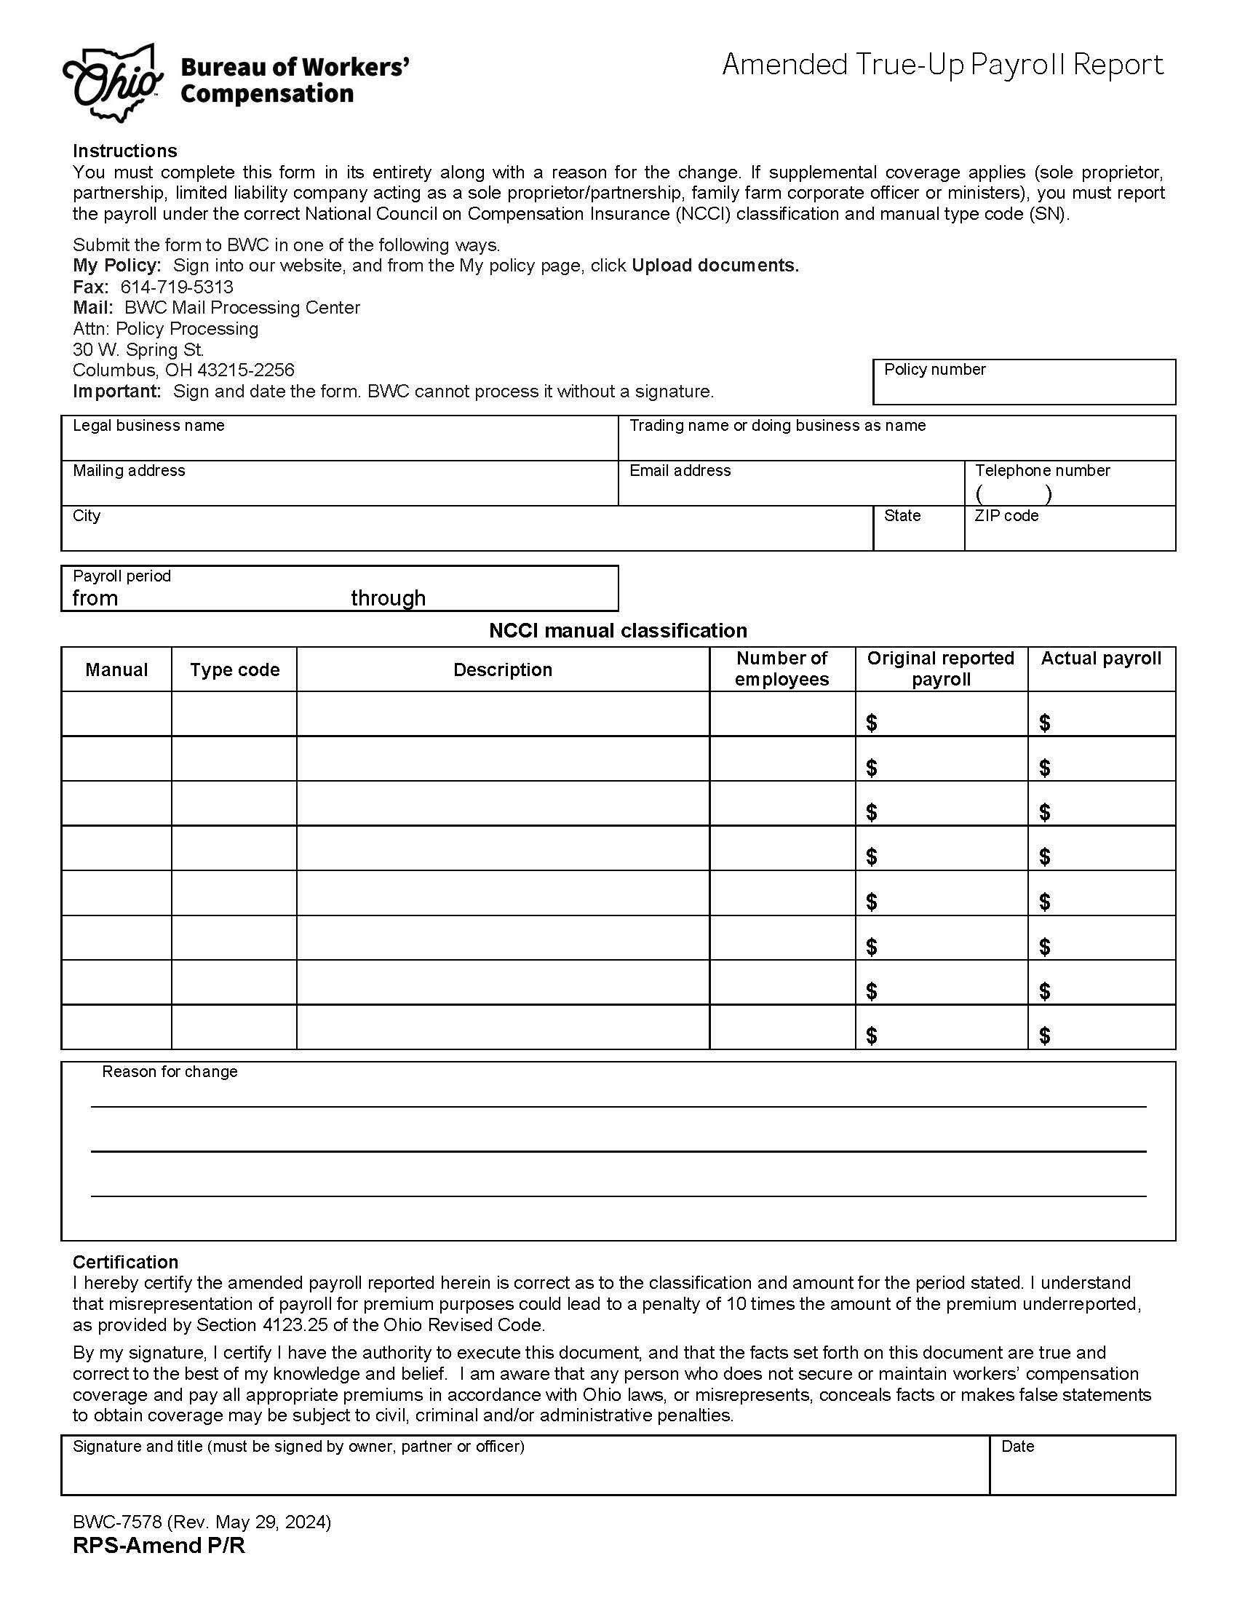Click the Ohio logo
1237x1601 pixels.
[113, 83]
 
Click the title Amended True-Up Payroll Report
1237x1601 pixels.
[942, 65]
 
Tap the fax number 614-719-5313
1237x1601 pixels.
[177, 287]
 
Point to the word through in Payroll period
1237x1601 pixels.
[388, 598]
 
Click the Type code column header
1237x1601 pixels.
[234, 670]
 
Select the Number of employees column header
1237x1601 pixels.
[781, 669]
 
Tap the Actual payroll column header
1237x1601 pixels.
[1101, 659]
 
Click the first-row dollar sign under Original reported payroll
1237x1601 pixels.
[871, 723]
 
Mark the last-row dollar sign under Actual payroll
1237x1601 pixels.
[1044, 1035]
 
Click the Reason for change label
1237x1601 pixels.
[170, 1072]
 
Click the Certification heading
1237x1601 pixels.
[125, 1262]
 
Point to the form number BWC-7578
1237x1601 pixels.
[118, 1522]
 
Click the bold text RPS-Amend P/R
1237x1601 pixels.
[159, 1546]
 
